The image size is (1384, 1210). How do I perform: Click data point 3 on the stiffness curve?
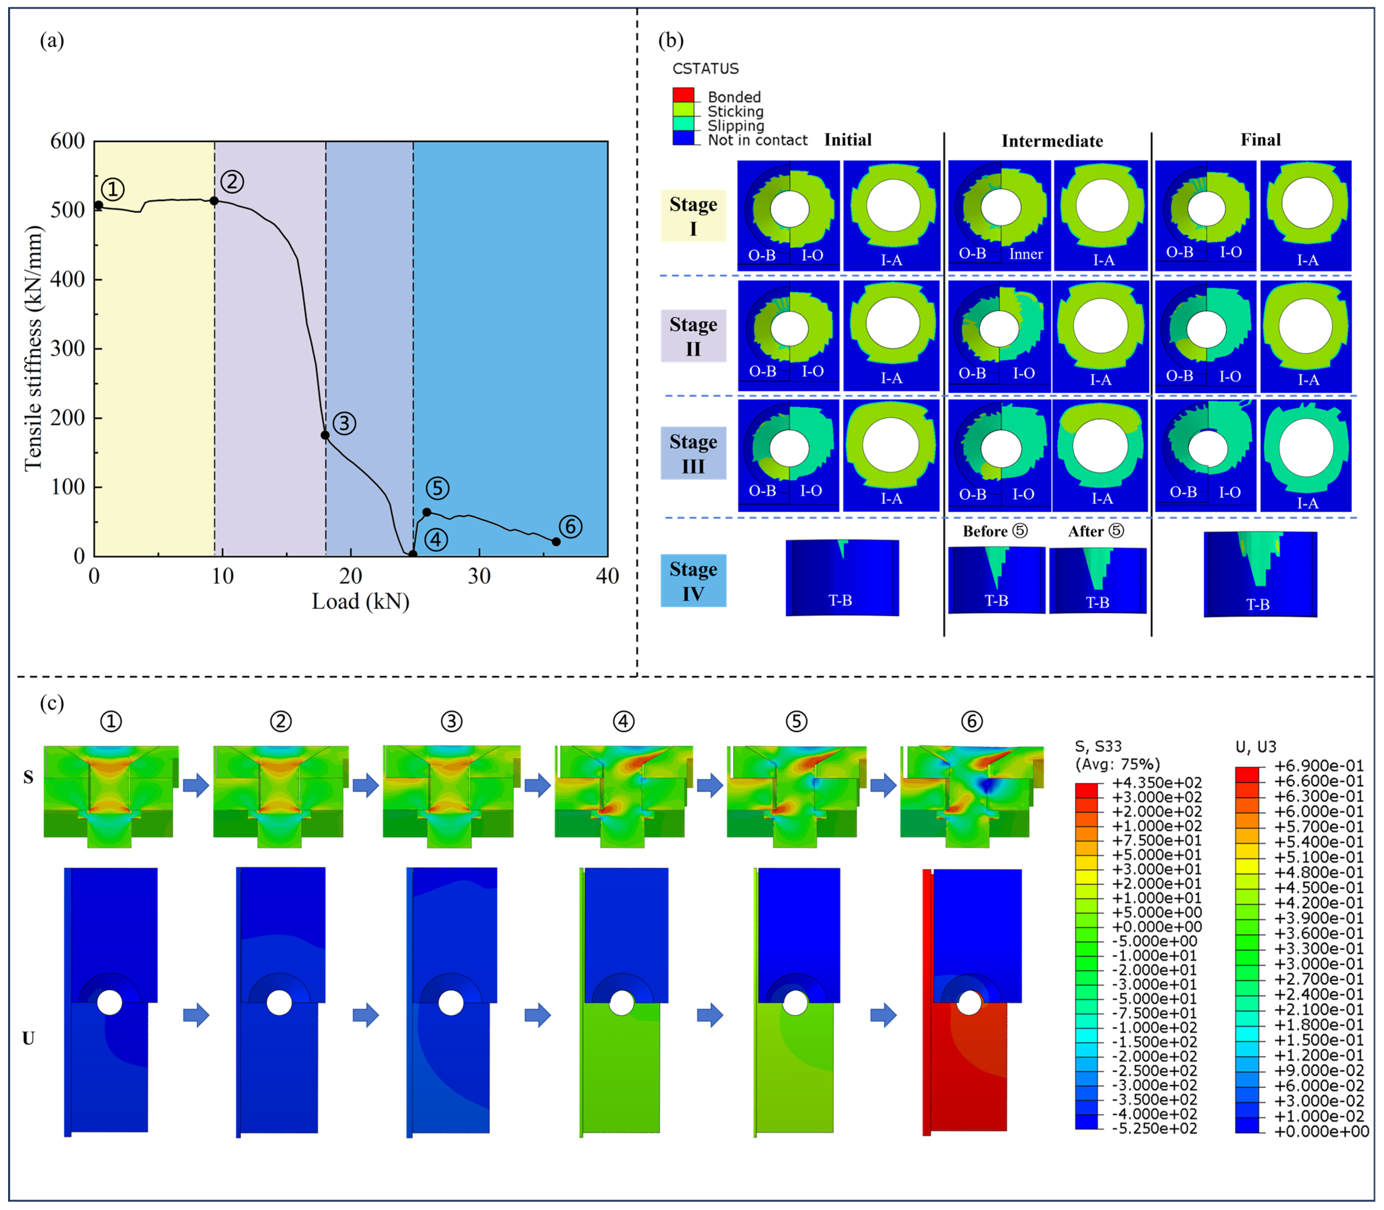point(325,435)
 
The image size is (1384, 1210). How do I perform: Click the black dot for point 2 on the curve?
point(214,200)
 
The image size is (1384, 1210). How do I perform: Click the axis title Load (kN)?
point(360,601)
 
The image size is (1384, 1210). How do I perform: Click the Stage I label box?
point(693,216)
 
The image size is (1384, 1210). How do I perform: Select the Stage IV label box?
point(693,581)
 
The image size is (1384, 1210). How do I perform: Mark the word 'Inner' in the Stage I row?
point(1026,254)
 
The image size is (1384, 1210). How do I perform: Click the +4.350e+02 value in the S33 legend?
point(1156,783)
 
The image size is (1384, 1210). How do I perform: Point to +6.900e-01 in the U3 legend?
point(1318,766)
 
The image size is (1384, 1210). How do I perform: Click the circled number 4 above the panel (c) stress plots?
point(623,721)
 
